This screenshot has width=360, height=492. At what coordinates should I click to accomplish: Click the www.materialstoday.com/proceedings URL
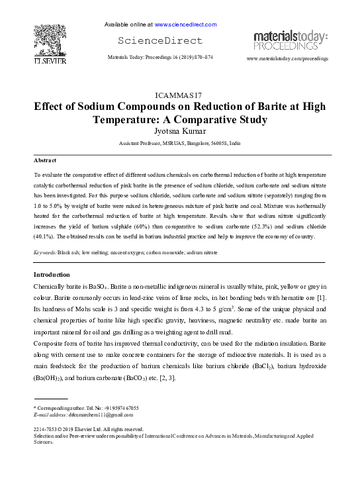(287, 59)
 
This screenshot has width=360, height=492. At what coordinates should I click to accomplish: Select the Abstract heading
(45, 161)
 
